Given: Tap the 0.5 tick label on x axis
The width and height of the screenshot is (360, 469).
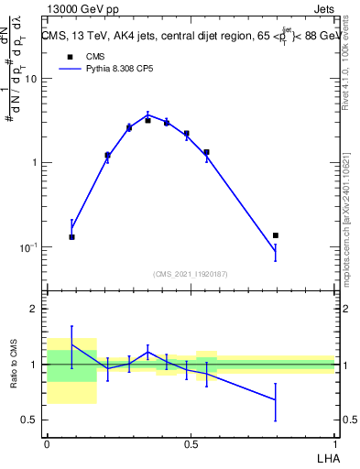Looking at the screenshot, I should tap(191, 444).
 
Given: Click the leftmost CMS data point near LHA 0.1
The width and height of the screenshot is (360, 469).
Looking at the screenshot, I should tap(71, 237).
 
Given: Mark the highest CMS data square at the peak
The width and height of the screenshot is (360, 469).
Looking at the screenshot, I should tap(147, 120).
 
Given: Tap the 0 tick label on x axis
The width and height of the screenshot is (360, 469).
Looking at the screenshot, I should tap(47, 444).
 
